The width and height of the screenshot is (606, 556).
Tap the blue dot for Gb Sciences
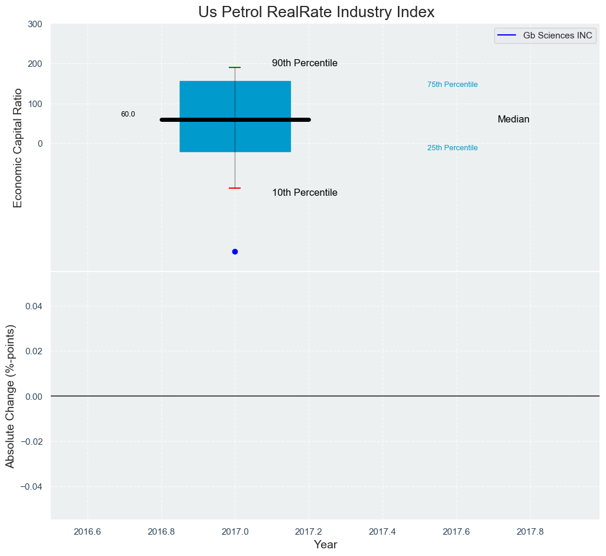[x=235, y=251]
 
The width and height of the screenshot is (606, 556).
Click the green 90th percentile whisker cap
[x=235, y=67]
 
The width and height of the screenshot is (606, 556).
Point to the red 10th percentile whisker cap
[x=235, y=188]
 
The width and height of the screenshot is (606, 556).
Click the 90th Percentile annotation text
[x=304, y=63]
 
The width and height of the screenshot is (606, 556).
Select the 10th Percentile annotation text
[x=304, y=193]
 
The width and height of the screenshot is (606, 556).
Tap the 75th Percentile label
[x=452, y=85]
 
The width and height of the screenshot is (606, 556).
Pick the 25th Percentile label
[x=452, y=148]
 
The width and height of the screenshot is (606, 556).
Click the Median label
[x=513, y=119]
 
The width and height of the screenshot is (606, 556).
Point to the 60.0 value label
[x=128, y=114]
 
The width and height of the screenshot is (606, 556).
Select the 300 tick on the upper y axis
[x=35, y=24]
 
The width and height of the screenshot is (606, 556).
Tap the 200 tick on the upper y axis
[x=35, y=64]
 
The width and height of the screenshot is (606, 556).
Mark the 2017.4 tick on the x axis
[x=383, y=531]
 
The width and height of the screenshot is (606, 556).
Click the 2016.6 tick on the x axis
[x=88, y=531]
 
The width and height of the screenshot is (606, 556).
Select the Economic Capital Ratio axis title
[x=18, y=148]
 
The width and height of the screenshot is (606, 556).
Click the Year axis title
[x=325, y=545]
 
